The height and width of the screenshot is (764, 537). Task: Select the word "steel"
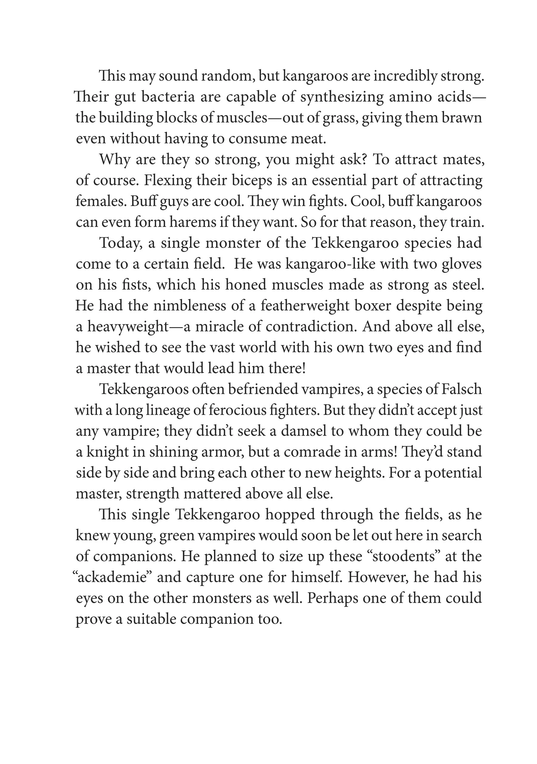(x=468, y=285)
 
